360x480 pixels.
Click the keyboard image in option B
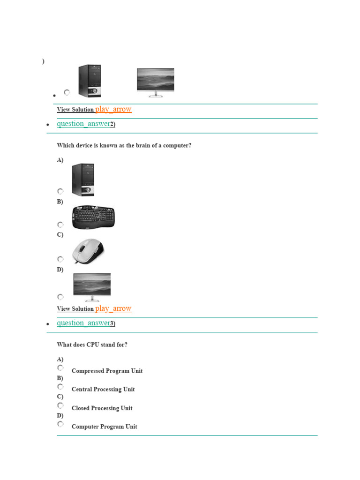tap(93, 217)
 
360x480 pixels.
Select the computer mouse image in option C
tap(88, 252)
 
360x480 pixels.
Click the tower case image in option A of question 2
tap(83, 180)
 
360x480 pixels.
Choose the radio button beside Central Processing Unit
tap(60, 387)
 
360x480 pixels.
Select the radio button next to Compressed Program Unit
tap(60, 368)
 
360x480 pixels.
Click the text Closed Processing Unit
tap(102, 408)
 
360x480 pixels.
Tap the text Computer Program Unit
tap(104, 427)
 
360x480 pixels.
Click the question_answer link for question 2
tap(83, 124)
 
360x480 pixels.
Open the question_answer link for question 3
tap(83, 323)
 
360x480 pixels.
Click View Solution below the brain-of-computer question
tap(75, 309)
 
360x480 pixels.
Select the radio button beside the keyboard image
tap(60, 225)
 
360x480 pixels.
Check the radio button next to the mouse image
tap(60, 259)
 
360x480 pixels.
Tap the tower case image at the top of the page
tap(90, 81)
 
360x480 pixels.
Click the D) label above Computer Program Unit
tap(60, 415)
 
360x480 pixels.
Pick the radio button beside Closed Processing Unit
tap(60, 405)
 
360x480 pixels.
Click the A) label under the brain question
tap(60, 160)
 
